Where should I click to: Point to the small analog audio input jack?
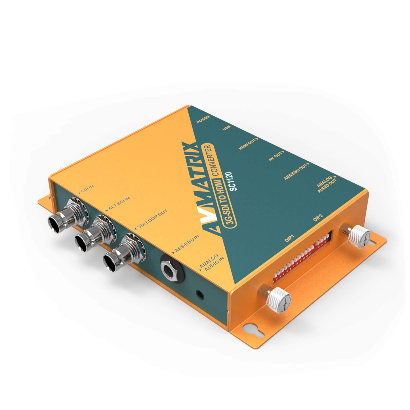[x=200, y=295]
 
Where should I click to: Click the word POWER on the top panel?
[x=203, y=119]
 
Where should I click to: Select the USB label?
[x=226, y=128]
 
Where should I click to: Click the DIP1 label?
[x=289, y=238]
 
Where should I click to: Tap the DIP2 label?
[x=318, y=218]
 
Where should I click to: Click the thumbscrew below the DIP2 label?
[x=359, y=236]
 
